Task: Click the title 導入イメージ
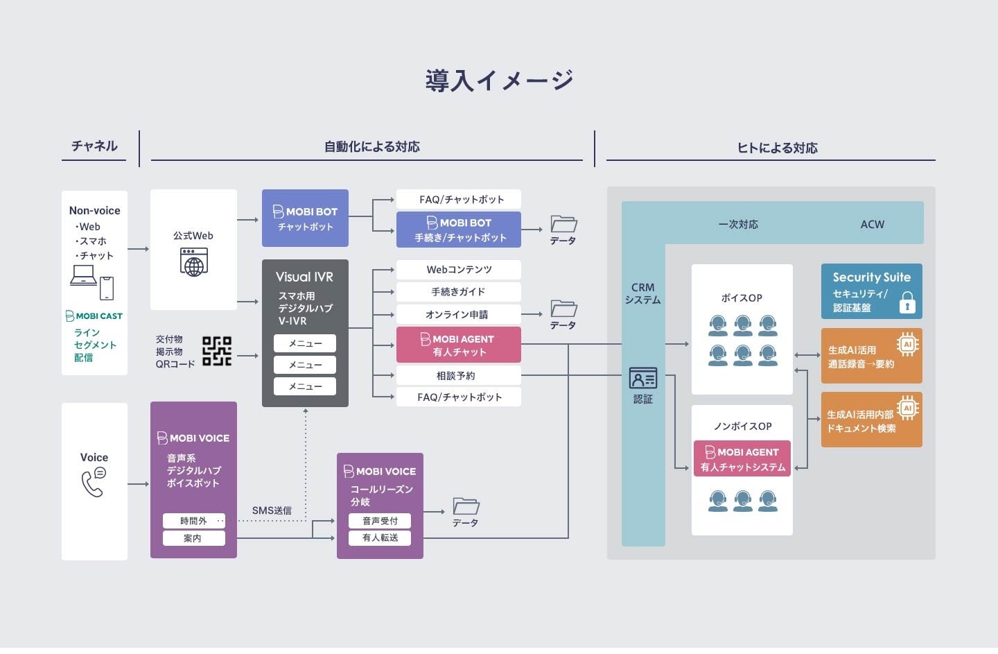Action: pyautogui.click(x=499, y=80)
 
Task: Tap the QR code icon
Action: pyautogui.click(x=216, y=351)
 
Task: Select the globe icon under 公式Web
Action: pyautogui.click(x=193, y=264)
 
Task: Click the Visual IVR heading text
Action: pyautogui.click(x=304, y=277)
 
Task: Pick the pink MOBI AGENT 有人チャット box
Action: pyautogui.click(x=458, y=345)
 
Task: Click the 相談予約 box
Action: pyautogui.click(x=458, y=375)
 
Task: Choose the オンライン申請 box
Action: pyautogui.click(x=458, y=314)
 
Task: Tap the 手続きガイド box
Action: pyautogui.click(x=458, y=292)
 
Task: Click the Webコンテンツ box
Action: pyautogui.click(x=458, y=269)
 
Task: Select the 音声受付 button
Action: pyautogui.click(x=380, y=520)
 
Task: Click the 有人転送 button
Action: pyautogui.click(x=380, y=537)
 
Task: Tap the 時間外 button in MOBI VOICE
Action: pyautogui.click(x=193, y=520)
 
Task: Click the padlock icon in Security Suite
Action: pyautogui.click(x=907, y=302)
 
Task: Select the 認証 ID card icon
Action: pyautogui.click(x=642, y=379)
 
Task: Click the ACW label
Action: pyautogui.click(x=872, y=224)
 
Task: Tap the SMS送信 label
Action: pyautogui.click(x=272, y=510)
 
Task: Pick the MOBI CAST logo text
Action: pyautogui.click(x=94, y=316)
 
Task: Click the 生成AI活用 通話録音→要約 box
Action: pyautogui.click(x=871, y=356)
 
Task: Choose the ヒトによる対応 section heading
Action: pyautogui.click(x=777, y=148)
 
